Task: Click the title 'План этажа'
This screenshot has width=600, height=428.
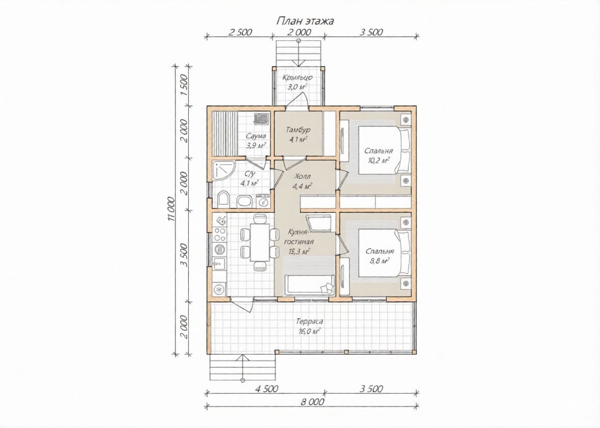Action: click(305, 21)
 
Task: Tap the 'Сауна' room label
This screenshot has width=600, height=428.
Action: click(256, 136)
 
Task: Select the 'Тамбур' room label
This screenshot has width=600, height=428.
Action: click(298, 130)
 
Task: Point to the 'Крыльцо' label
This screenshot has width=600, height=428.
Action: click(297, 77)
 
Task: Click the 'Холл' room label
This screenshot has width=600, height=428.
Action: click(303, 176)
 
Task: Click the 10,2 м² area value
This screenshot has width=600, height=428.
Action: click(379, 160)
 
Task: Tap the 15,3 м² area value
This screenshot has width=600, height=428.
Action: click(299, 252)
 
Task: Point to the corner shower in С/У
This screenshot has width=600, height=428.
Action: click(221, 170)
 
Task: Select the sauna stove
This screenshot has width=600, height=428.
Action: click(262, 119)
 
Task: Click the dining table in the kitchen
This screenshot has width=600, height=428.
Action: click(259, 243)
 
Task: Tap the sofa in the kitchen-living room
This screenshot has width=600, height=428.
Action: click(310, 285)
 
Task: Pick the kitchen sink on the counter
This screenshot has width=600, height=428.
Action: click(219, 263)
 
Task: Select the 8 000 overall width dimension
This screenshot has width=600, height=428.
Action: click(312, 402)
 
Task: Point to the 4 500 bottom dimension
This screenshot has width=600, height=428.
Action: click(266, 389)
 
